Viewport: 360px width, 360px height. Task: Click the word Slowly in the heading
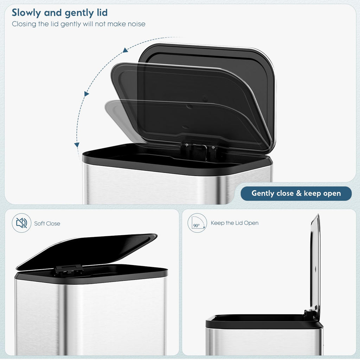tap(26, 13)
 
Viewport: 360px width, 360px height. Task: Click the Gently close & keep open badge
tap(296, 193)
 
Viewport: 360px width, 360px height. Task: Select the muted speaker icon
tap(21, 223)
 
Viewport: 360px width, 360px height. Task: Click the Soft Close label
tap(47, 224)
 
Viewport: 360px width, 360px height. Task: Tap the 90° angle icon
tap(197, 223)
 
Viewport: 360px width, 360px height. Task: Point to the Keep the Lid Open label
tap(234, 223)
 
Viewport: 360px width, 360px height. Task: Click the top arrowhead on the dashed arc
tap(125, 50)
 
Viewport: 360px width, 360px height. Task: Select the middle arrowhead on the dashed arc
tap(86, 94)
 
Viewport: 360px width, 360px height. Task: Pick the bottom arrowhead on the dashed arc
tap(77, 145)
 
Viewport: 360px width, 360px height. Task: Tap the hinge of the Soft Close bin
tap(69, 270)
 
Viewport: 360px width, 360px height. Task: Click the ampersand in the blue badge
tap(299, 193)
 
